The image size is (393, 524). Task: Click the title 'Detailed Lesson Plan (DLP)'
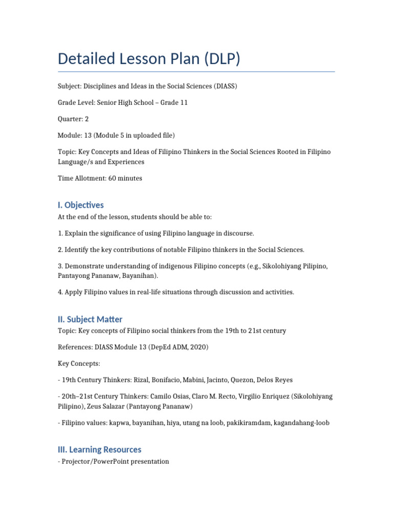149,59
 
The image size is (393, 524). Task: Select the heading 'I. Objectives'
81,205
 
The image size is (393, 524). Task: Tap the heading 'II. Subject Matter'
90,319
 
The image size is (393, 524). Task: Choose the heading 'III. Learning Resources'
99,449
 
